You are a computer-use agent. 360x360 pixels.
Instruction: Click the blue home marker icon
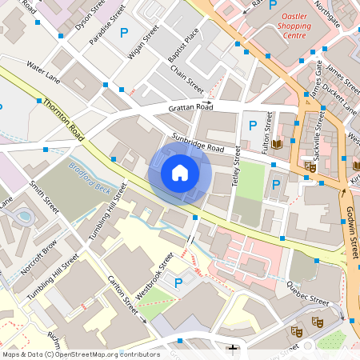pos(179,172)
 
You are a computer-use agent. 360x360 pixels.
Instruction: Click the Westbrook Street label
pos(154,277)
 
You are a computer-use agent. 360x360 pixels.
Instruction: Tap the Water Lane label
pos(42,72)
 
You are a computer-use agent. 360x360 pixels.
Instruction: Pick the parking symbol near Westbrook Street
pos(178,282)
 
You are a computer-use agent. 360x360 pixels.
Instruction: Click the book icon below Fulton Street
pos(278,145)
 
